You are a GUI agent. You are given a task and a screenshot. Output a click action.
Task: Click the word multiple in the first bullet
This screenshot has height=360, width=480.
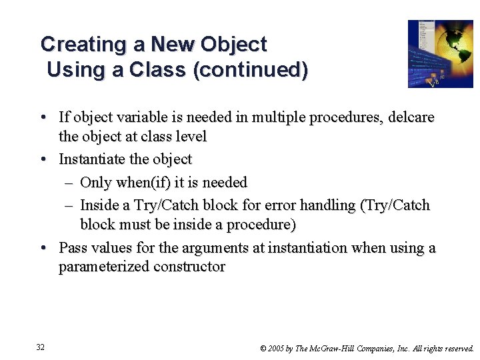point(287,118)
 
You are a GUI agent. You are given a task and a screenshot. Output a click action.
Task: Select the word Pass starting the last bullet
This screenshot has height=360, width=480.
point(73,248)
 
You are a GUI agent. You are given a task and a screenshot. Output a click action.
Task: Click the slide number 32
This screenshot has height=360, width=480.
point(41,347)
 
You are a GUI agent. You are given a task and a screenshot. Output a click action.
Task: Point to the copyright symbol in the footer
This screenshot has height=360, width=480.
point(264,348)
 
